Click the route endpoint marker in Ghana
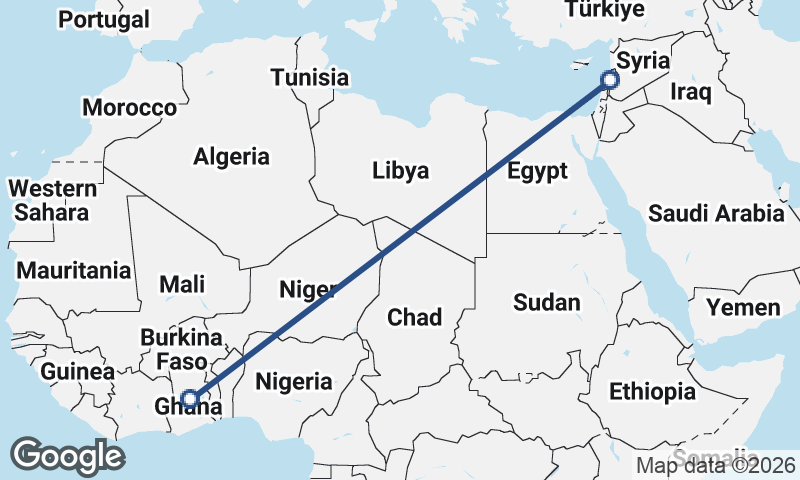(x=189, y=399)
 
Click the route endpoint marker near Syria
(x=608, y=80)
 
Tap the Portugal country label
(x=104, y=19)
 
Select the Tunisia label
(x=309, y=77)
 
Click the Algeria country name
(x=231, y=156)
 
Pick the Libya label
(x=400, y=170)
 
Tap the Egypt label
(x=537, y=169)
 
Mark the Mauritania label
(x=73, y=270)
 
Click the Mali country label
(x=182, y=284)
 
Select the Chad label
(x=414, y=317)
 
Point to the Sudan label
(x=546, y=302)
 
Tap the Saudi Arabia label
(x=716, y=213)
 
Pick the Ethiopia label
(x=651, y=390)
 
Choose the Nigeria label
(x=294, y=381)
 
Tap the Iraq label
(x=690, y=92)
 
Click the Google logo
(x=67, y=455)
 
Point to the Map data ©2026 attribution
(x=716, y=465)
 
